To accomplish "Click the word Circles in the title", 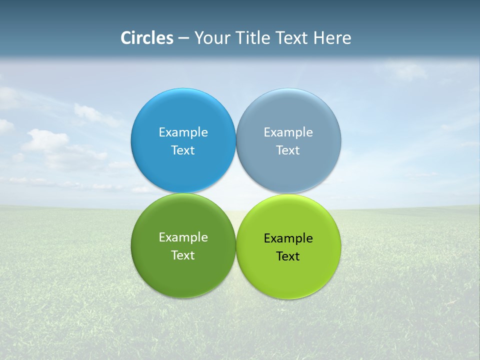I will [146, 38].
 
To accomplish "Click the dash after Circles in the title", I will [183, 38].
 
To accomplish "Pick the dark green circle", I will [183, 272].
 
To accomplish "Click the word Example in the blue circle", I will [183, 132].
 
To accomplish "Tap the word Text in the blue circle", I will [183, 150].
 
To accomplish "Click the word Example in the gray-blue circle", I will [288, 132].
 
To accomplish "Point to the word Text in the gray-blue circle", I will [288, 150].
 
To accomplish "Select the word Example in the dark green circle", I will [183, 237].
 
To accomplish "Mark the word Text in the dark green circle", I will [183, 255].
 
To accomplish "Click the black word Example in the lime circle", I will [288, 238].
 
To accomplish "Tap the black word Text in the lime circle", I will [288, 256].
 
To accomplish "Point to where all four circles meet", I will [235, 193].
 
